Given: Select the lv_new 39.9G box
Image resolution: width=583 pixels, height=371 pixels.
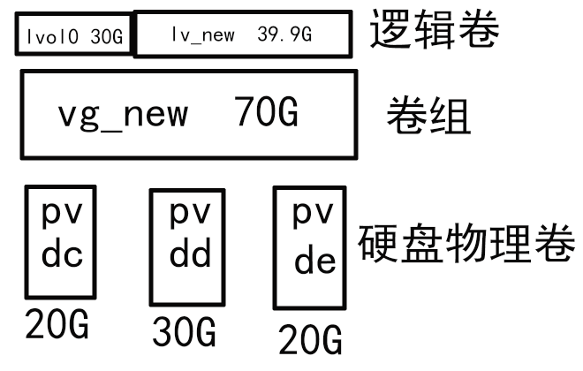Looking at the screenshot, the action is coord(242,34).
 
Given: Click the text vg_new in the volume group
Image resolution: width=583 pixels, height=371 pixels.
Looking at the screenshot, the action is coord(123,115).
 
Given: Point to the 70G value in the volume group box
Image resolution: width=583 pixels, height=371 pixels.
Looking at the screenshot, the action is coord(267,115).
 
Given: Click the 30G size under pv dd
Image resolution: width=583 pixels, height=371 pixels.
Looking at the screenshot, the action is coord(185,333).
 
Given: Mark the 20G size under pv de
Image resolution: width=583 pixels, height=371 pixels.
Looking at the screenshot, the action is coord(310,339).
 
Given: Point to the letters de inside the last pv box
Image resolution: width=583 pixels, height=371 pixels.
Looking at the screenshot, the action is coord(314,262).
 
